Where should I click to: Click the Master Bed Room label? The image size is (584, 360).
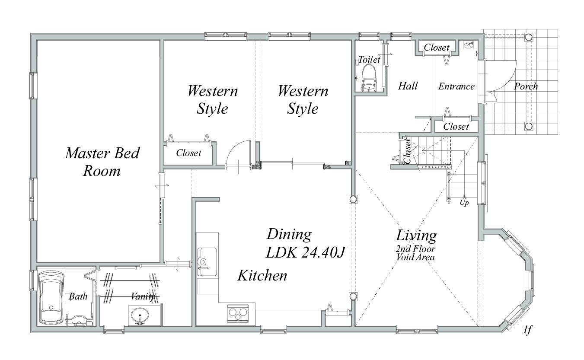pyautogui.click(x=102, y=162)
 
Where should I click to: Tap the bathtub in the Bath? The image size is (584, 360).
pyautogui.click(x=51, y=297)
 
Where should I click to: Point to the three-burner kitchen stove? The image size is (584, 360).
pyautogui.click(x=238, y=313)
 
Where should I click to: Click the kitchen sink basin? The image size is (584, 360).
pyautogui.click(x=207, y=262)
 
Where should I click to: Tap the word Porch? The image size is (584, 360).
pyautogui.click(x=526, y=86)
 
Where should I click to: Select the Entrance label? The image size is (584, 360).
pyautogui.click(x=456, y=86)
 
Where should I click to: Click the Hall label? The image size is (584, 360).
pyautogui.click(x=408, y=86)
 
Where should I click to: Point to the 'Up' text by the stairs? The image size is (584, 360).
pyautogui.click(x=464, y=203)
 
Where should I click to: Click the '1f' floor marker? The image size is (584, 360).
pyautogui.click(x=527, y=330)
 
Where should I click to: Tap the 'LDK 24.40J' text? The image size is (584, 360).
pyautogui.click(x=305, y=252)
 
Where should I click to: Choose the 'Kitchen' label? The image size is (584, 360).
pyautogui.click(x=262, y=275)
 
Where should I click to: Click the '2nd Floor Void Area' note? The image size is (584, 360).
pyautogui.click(x=415, y=253)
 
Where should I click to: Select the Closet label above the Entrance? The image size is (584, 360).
pyautogui.click(x=437, y=48)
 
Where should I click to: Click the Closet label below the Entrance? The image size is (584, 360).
pyautogui.click(x=456, y=127)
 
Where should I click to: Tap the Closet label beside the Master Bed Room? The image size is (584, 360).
pyautogui.click(x=188, y=153)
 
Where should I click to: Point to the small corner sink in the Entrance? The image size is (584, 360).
pyautogui.click(x=469, y=45)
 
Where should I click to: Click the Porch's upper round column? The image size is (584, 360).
pyautogui.click(x=528, y=38)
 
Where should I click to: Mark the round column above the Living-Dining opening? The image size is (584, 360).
pyautogui.click(x=353, y=200)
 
